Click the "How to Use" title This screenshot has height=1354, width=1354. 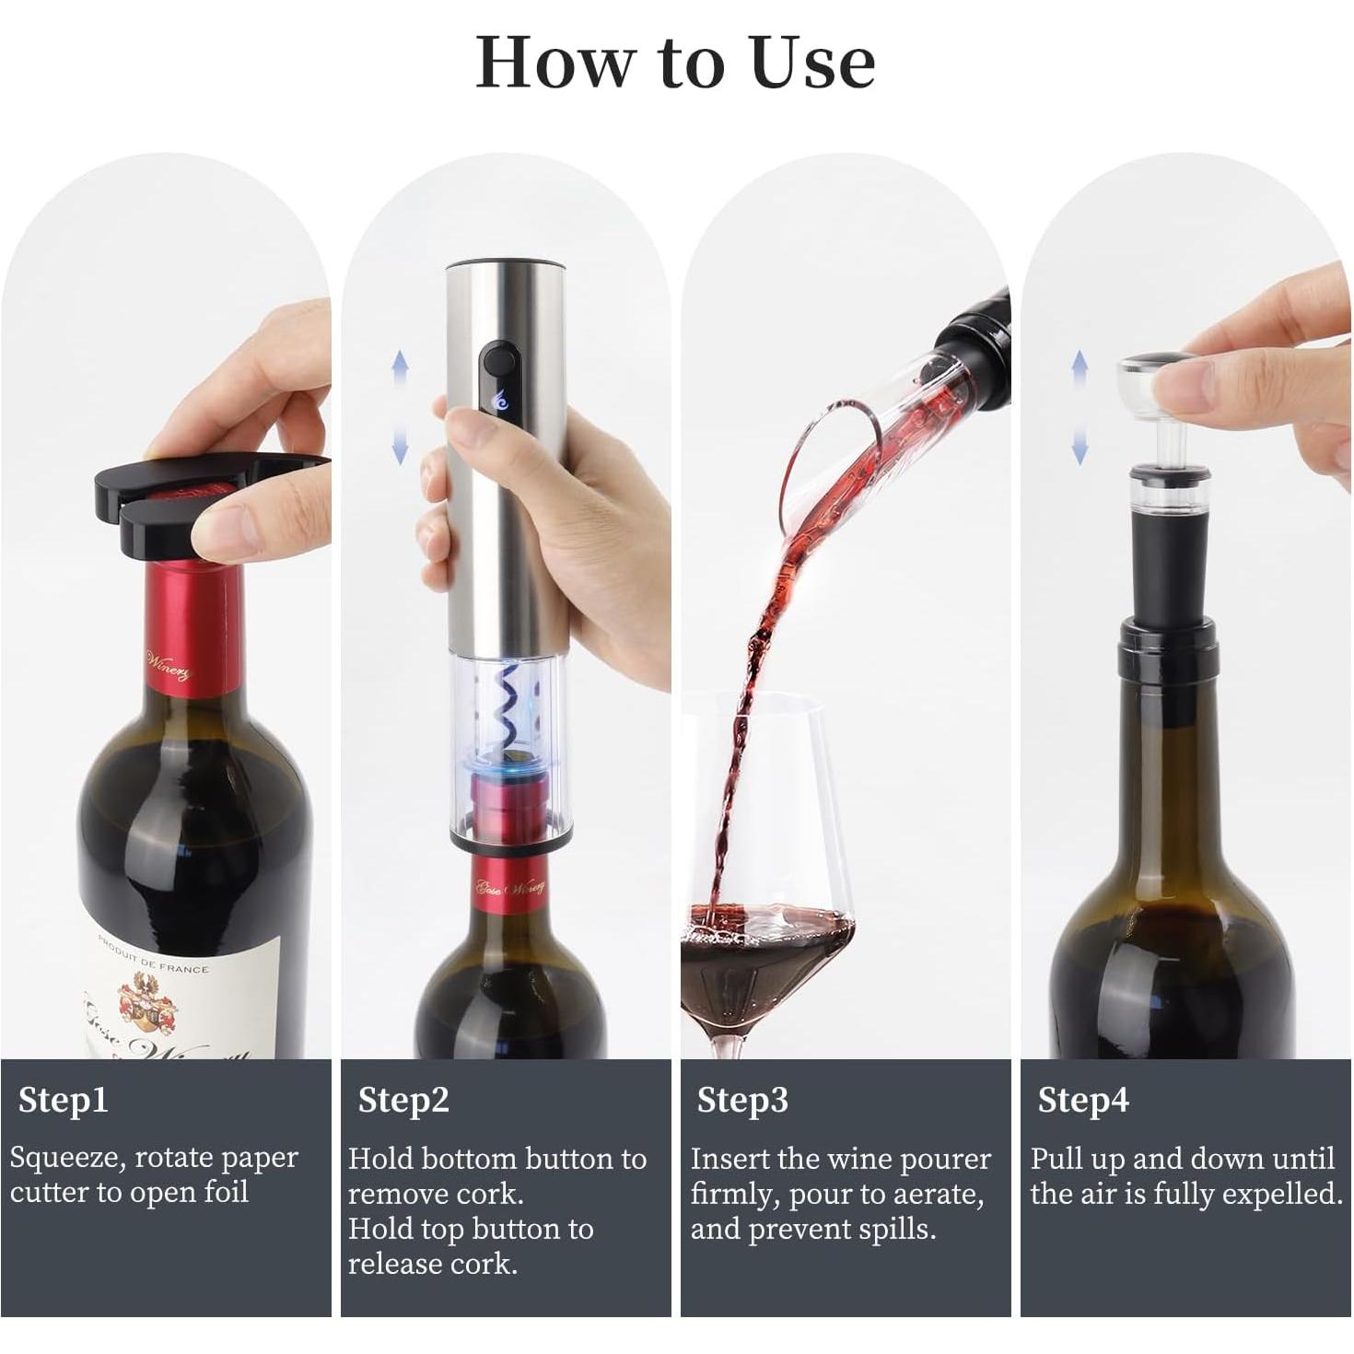pyautogui.click(x=675, y=63)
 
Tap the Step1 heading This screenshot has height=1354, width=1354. pyautogui.click(x=63, y=1100)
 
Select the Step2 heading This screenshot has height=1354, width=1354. pyautogui.click(x=403, y=1100)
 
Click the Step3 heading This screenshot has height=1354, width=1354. pyautogui.click(x=742, y=1100)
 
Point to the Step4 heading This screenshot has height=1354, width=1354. pyautogui.click(x=1082, y=1100)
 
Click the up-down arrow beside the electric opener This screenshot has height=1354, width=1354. pyautogui.click(x=400, y=406)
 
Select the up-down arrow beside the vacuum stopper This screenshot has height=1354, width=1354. pyautogui.click(x=1080, y=406)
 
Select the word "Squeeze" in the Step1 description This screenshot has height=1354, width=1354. pyautogui.click(x=64, y=1158)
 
